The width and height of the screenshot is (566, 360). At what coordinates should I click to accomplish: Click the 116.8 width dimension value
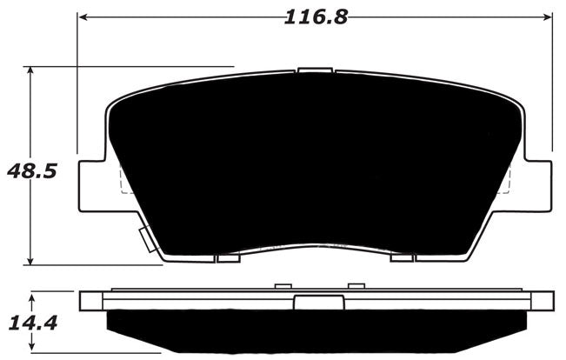pyautogui.click(x=315, y=17)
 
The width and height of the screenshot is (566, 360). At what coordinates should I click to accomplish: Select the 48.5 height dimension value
pyautogui.click(x=32, y=170)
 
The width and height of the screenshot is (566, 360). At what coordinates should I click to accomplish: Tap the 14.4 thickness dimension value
pyautogui.click(x=32, y=324)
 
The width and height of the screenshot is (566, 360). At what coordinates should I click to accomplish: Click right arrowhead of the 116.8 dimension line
pyautogui.click(x=548, y=16)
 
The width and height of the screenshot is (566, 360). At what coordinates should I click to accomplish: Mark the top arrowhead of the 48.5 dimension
pyautogui.click(x=32, y=70)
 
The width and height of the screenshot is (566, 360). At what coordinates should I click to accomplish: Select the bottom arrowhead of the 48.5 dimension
pyautogui.click(x=32, y=260)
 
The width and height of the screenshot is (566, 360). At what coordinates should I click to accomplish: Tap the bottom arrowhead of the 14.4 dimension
pyautogui.click(x=32, y=352)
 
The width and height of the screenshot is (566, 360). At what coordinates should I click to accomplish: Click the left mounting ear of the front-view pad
pyautogui.click(x=92, y=183)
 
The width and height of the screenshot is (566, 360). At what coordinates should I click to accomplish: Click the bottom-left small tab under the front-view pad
pyautogui.click(x=228, y=257)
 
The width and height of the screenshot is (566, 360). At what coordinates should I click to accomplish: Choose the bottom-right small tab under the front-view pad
pyautogui.click(x=402, y=257)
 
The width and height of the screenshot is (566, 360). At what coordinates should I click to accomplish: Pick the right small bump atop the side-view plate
pyautogui.click(x=355, y=286)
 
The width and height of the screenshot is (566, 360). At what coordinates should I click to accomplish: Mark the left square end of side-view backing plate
pyautogui.click(x=90, y=301)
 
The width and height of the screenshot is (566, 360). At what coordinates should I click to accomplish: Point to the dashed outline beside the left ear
pyautogui.click(x=123, y=179)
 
